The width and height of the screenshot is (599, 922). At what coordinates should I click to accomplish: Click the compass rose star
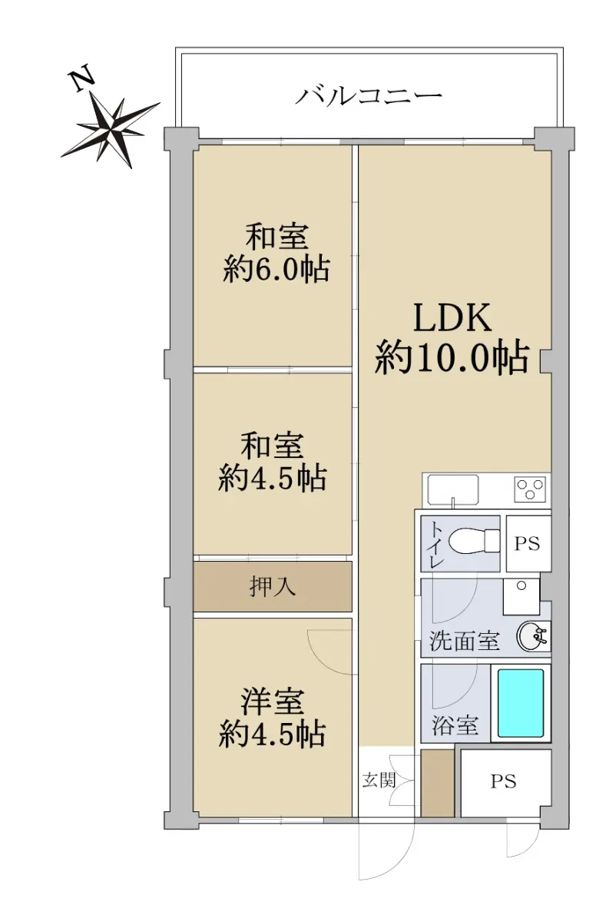111,130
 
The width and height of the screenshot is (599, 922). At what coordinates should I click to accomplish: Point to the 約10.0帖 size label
452,357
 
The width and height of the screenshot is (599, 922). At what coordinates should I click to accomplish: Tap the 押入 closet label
273,586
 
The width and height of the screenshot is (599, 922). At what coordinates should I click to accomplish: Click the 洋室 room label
273,702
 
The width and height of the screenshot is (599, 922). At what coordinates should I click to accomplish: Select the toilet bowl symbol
475,540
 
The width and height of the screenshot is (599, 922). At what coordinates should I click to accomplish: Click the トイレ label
436,544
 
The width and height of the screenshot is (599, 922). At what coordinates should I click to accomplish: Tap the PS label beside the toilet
527,544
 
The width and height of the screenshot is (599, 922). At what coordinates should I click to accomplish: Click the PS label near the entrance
504,781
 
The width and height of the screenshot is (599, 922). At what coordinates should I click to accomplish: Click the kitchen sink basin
453,489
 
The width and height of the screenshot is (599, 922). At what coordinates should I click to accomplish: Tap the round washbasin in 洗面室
533,636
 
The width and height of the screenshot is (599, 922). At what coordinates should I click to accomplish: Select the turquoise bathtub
521,702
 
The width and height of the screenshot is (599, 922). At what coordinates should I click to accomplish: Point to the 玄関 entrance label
379,780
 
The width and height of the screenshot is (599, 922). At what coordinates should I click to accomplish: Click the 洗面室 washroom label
465,641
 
